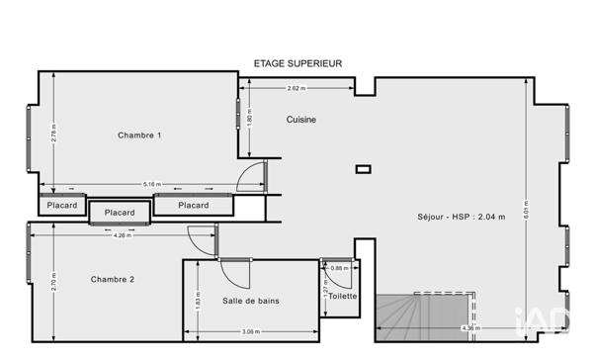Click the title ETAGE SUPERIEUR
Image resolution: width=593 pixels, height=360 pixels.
[x=298, y=62]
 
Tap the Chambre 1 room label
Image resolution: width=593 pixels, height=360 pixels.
[x=139, y=135]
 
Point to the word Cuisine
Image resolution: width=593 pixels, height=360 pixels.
[x=301, y=120]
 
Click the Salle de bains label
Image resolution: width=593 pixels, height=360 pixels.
[x=249, y=300]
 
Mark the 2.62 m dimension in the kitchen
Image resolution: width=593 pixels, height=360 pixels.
[x=295, y=88]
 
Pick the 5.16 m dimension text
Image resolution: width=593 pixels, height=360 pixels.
[x=151, y=184]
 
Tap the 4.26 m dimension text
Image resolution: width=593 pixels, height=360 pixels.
[x=122, y=234]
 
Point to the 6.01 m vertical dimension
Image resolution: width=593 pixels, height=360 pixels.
[x=553, y=211]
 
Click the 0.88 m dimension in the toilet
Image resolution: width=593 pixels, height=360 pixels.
[x=338, y=267]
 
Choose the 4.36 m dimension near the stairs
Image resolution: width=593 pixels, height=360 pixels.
[x=469, y=328]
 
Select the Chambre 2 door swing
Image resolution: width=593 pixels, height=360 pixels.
[x=201, y=238]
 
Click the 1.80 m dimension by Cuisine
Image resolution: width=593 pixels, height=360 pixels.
[x=249, y=120]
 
